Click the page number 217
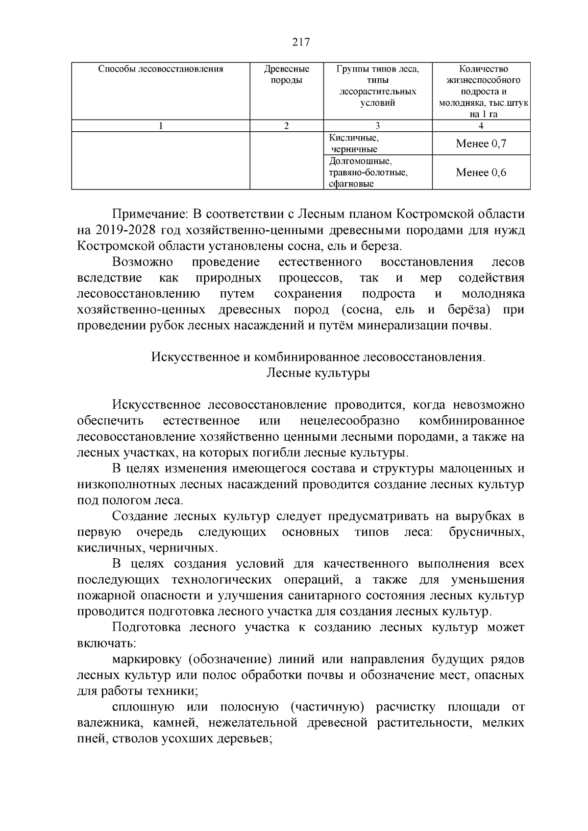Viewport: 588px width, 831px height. coord(301,42)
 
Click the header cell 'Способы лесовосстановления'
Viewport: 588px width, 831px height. coord(161,69)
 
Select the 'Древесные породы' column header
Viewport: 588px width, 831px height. coord(287,74)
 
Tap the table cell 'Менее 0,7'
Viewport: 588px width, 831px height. coord(481,144)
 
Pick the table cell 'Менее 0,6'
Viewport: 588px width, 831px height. coord(481,172)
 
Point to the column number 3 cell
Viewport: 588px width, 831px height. coord(377,126)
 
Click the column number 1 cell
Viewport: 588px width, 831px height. coord(161,126)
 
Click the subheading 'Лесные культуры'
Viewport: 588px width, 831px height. coord(318,373)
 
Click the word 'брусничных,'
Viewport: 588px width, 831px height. coord(486,532)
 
